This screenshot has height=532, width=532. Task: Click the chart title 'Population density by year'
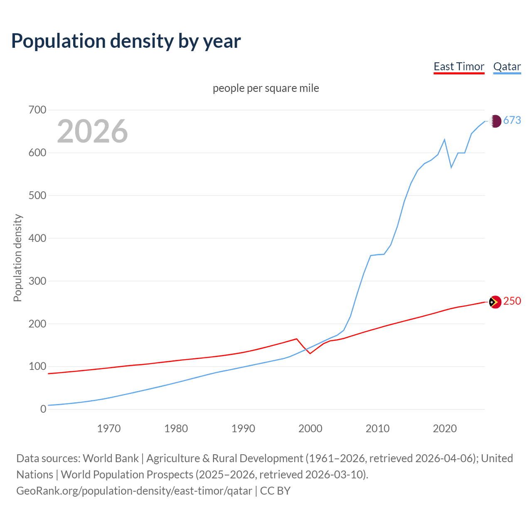(126, 41)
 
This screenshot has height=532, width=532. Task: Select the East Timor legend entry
(459, 66)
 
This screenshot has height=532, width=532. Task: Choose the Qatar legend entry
(507, 66)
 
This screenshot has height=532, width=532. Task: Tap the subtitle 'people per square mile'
(266, 88)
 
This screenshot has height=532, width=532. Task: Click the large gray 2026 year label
(92, 131)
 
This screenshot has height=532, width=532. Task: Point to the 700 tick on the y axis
(37, 110)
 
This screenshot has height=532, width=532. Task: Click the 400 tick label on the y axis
(37, 239)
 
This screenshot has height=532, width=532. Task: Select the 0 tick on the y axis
(43, 409)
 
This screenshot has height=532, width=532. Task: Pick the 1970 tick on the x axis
(109, 429)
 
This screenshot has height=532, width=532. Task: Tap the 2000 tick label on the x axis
(310, 429)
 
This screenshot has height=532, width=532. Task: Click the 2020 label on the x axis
(445, 429)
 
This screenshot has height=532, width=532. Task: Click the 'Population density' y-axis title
(17, 258)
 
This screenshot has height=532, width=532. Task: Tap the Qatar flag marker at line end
(495, 121)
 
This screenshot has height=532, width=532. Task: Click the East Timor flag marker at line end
(495, 302)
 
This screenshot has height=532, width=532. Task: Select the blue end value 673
(512, 121)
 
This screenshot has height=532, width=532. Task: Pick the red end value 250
(512, 301)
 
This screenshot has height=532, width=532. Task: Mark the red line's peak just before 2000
(296, 339)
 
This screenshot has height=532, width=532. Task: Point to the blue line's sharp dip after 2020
(451, 167)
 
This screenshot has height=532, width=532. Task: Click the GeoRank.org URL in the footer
(134, 491)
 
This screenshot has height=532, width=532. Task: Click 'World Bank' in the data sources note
(111, 458)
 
